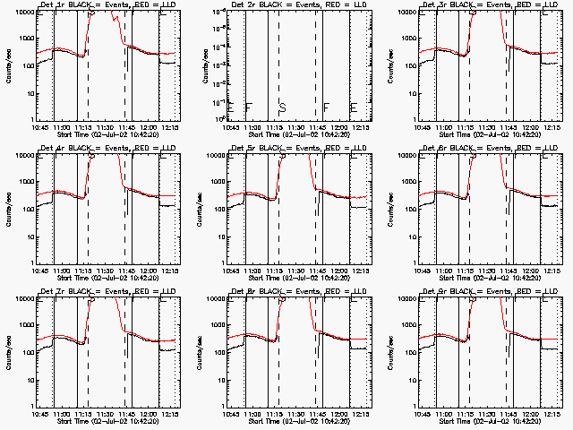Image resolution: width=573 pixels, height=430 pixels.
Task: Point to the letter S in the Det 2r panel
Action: click(x=282, y=107)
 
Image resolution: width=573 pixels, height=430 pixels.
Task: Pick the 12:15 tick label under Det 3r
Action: click(x=547, y=125)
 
